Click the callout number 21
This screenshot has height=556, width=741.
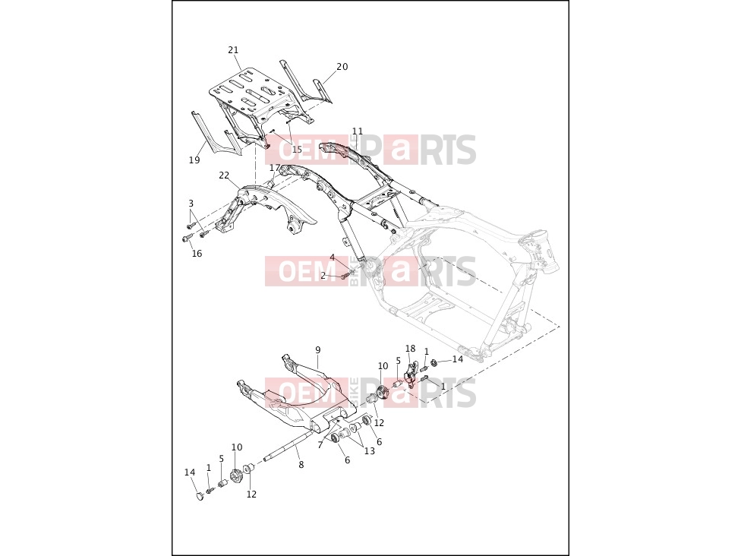click(x=233, y=50)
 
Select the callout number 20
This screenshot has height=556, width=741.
click(x=342, y=67)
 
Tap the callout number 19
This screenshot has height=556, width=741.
click(x=194, y=160)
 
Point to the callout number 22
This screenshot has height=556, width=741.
click(x=224, y=175)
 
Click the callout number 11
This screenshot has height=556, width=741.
click(x=358, y=131)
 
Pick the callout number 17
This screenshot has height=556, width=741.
click(x=275, y=168)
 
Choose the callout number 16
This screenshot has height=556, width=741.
click(x=197, y=254)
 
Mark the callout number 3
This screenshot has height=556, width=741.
click(x=191, y=204)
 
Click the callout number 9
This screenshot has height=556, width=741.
click(x=318, y=350)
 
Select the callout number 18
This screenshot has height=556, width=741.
click(x=410, y=349)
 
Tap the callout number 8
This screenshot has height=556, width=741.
click(x=301, y=465)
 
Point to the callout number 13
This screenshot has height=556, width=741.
click(x=369, y=451)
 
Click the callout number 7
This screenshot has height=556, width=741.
click(x=320, y=445)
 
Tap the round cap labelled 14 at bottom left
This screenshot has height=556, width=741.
click(x=200, y=496)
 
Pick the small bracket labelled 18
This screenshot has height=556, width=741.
click(x=411, y=373)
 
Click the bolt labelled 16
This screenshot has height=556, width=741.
click(x=187, y=239)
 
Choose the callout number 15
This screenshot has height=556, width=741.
click(x=296, y=150)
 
